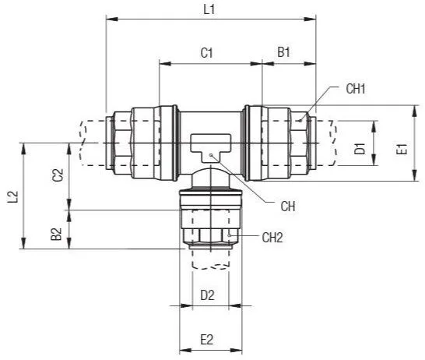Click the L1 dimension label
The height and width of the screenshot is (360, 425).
(x=209, y=10)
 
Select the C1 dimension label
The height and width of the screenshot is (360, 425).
(x=206, y=53)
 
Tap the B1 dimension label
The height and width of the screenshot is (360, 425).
(x=283, y=52)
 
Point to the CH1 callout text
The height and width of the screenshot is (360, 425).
(x=356, y=89)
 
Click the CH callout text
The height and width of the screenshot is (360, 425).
(x=288, y=206)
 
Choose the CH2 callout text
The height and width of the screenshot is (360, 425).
(x=272, y=238)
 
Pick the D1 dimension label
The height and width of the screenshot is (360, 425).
(x=360, y=148)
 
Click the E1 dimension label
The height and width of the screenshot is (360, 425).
(x=402, y=149)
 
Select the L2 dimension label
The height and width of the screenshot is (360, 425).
(x=12, y=196)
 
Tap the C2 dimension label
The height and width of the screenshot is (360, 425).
(x=58, y=175)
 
